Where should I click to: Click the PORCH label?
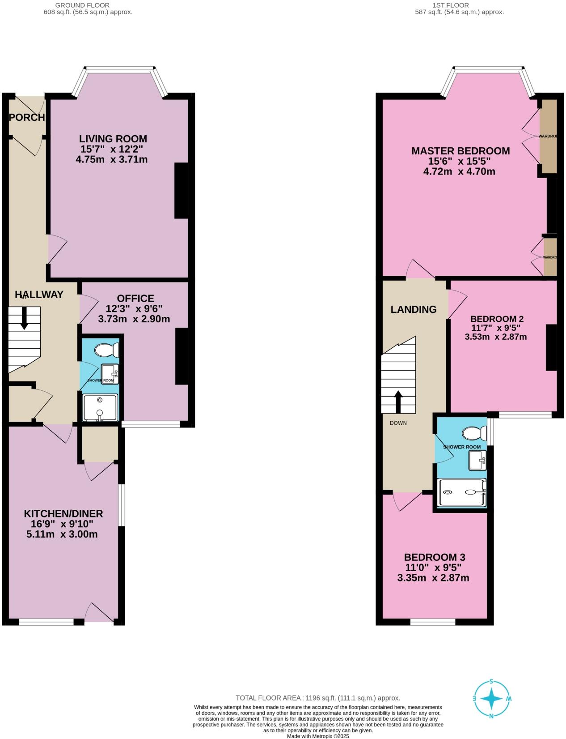point(27,118)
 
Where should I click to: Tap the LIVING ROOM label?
point(113,139)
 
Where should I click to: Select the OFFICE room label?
point(135,298)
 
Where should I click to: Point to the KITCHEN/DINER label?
point(63,514)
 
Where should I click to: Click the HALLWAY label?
point(39,295)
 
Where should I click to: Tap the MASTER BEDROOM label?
point(460,151)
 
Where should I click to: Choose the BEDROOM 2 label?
point(497,319)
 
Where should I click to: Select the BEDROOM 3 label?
point(435,557)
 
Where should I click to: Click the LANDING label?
point(414,309)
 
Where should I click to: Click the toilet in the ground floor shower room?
point(107,350)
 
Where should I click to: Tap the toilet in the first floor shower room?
point(474,433)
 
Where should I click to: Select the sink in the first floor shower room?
point(477,461)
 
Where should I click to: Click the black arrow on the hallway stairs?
point(24,319)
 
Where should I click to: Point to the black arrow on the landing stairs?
point(397,401)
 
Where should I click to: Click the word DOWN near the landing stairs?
point(398,423)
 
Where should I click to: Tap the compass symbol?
point(491,699)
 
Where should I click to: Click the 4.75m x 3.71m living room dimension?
point(112,159)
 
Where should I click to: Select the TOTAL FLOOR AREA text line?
point(318,698)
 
